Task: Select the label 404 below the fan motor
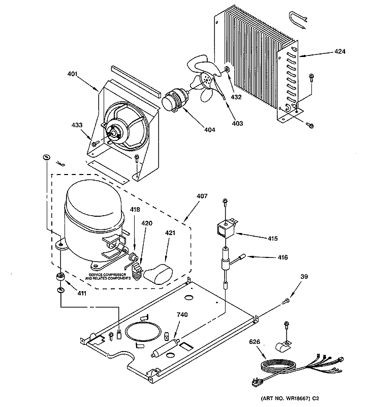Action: pyautogui.click(x=209, y=130)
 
